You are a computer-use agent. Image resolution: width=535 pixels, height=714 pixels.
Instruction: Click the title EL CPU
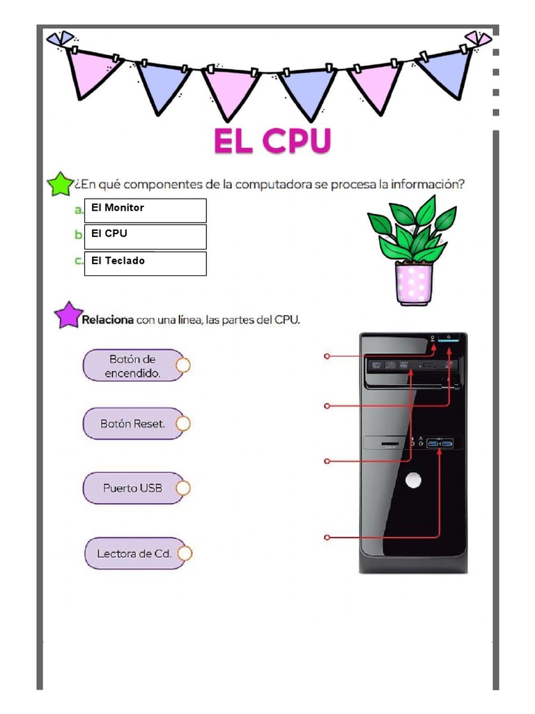pos(272,142)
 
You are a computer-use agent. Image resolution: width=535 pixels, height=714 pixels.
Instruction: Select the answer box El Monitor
pos(146,210)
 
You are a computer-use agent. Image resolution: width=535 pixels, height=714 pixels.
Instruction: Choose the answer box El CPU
pos(146,236)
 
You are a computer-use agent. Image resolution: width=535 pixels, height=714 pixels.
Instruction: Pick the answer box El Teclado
pos(146,264)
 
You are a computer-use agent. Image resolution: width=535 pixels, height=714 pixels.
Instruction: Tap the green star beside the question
pos(59,185)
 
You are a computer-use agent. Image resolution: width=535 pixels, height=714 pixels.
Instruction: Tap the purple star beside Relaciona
pos(68,315)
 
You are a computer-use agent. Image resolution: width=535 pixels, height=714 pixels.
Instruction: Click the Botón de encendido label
pos(132,365)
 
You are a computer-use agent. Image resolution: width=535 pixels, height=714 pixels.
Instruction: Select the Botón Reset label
pos(132,423)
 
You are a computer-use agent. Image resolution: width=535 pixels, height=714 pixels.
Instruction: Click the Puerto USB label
pos(132,488)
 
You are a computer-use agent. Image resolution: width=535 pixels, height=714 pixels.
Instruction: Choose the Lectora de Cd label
pos(134,554)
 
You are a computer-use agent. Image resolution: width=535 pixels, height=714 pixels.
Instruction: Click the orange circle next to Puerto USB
pos(183,488)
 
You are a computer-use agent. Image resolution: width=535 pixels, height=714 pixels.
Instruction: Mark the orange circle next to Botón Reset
pos(183,423)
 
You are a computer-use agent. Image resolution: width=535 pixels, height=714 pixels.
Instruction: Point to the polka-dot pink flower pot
pos(414,283)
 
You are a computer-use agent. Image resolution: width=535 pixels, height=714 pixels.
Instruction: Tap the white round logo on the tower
pos(414,480)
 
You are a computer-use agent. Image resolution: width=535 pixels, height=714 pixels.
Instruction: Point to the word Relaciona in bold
pos(108,320)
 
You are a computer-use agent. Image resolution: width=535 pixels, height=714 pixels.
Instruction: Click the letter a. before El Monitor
pos(79,209)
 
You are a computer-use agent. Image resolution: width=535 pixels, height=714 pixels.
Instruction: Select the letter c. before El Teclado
pos(79,261)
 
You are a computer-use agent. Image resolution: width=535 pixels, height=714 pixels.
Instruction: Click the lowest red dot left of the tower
pos(327,537)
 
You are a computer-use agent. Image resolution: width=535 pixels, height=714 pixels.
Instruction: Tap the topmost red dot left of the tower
pos(327,356)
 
